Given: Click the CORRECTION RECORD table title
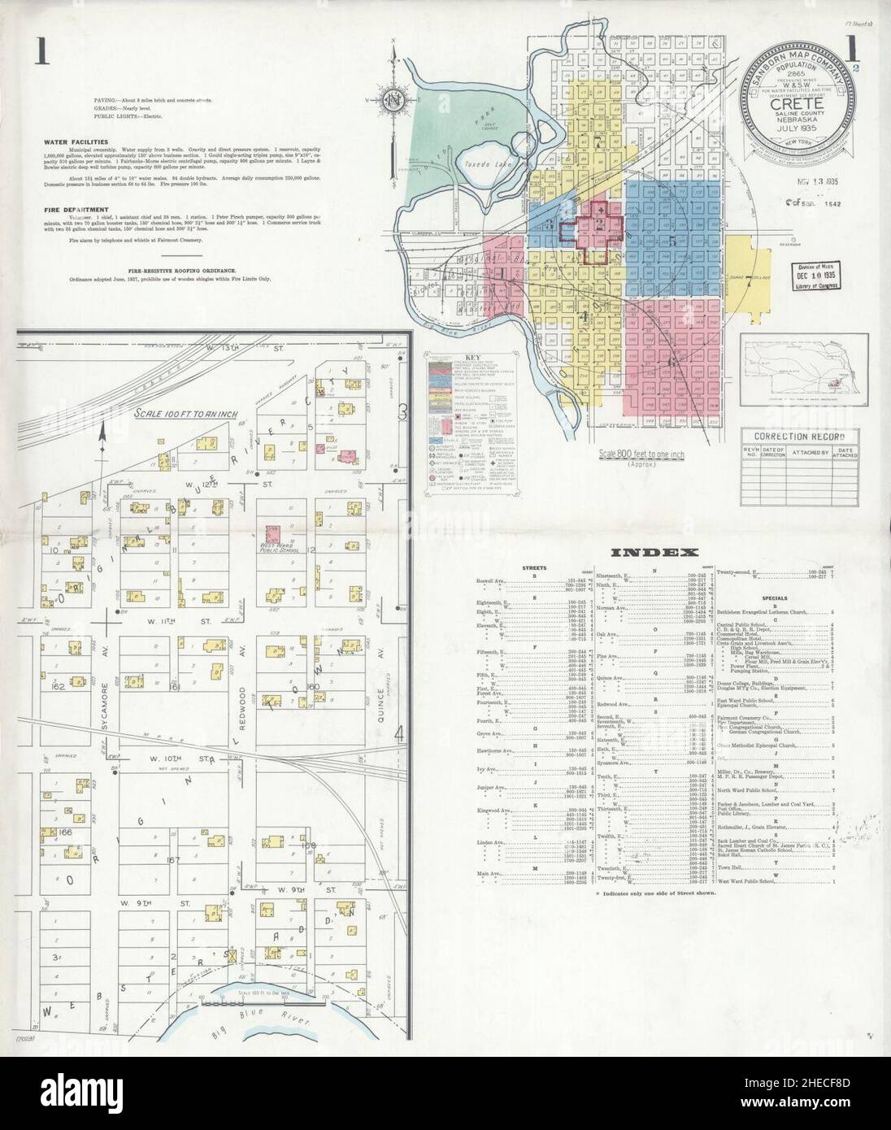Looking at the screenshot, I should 798,437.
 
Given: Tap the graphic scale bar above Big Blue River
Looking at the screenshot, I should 246,1005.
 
